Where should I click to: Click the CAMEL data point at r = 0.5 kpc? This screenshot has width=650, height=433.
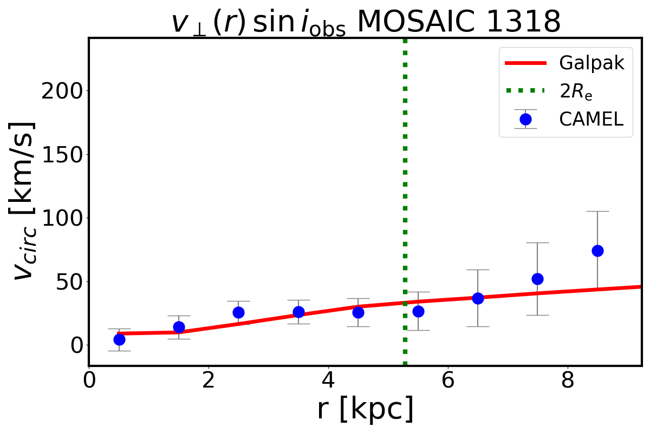[119, 339]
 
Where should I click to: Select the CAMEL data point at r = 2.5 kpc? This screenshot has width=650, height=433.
[238, 312]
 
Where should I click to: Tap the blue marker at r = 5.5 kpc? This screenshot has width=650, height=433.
[418, 311]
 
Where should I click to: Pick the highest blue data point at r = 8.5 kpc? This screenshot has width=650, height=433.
[597, 251]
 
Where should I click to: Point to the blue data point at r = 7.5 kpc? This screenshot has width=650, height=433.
[537, 279]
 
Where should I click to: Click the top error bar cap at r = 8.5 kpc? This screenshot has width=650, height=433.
[597, 211]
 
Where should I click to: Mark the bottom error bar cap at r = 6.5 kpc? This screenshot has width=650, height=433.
[478, 326]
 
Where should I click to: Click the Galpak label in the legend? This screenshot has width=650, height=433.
[591, 63]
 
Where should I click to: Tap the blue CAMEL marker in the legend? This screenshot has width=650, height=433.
[525, 119]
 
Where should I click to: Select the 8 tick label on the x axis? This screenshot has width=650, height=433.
[567, 380]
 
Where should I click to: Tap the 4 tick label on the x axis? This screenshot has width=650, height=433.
[328, 380]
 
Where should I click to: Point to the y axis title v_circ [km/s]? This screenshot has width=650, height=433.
[24, 201]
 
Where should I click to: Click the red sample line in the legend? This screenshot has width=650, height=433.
[525, 63]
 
